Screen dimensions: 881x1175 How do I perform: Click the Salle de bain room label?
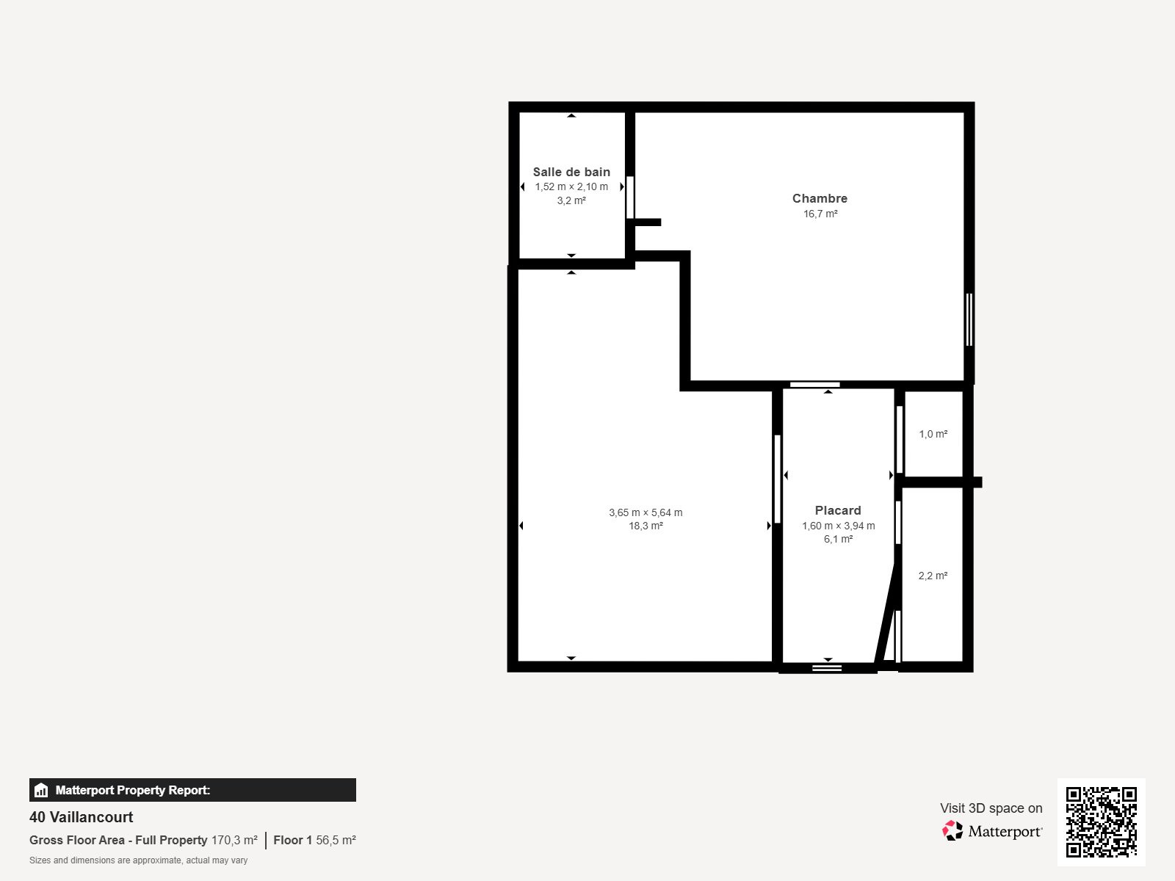(x=571, y=172)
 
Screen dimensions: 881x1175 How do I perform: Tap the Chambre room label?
(x=820, y=198)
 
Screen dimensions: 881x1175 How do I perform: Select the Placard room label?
(x=838, y=510)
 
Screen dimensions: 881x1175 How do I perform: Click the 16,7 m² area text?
(x=820, y=214)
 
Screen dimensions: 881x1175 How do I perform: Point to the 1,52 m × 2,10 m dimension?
(x=571, y=186)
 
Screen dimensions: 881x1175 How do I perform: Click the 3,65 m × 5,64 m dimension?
(x=646, y=512)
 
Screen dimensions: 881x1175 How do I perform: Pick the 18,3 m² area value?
(x=646, y=526)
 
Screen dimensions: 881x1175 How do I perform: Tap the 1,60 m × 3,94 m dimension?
(x=838, y=526)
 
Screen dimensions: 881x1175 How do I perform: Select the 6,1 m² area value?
(x=838, y=539)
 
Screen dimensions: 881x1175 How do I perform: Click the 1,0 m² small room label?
(x=933, y=434)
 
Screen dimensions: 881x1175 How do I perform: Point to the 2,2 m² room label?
(x=933, y=576)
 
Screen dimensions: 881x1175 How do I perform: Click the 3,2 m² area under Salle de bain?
(x=571, y=200)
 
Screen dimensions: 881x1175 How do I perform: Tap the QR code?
(x=1101, y=822)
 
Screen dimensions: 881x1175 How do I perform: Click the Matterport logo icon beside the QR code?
(x=952, y=830)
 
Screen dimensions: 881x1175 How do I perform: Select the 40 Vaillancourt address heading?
(x=82, y=817)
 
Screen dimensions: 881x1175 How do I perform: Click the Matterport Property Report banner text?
(x=133, y=790)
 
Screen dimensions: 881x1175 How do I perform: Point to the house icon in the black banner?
(x=41, y=790)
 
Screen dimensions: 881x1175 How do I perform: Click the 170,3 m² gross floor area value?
(x=234, y=840)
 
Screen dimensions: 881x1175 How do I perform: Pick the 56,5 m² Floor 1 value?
(x=336, y=840)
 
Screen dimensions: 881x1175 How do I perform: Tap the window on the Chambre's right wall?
(x=969, y=319)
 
